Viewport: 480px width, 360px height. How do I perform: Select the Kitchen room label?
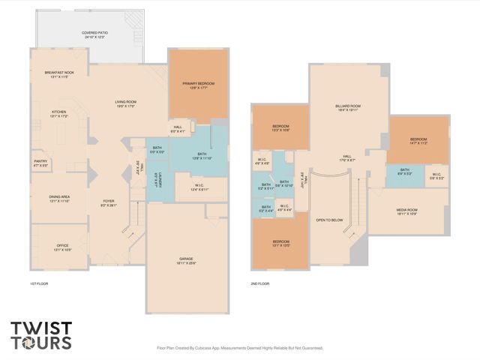click(59, 112)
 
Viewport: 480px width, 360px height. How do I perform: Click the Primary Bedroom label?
click(197, 83)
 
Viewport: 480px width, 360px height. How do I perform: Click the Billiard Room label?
click(348, 106)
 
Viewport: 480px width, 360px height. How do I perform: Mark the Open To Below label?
click(330, 220)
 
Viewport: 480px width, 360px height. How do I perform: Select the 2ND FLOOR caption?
click(261, 284)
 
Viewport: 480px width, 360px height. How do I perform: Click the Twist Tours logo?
click(41, 335)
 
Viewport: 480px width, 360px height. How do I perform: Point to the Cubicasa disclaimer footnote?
click(240, 348)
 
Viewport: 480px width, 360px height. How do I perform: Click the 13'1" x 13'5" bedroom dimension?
click(270, 246)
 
